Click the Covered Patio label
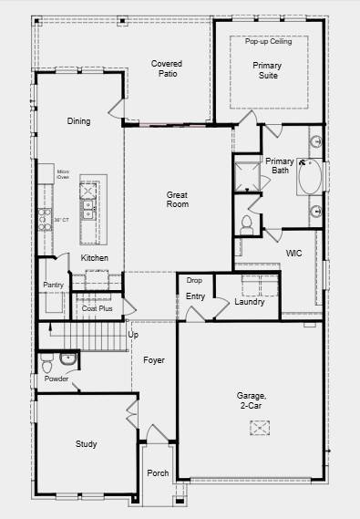tap(167, 68)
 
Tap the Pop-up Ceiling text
tap(267, 41)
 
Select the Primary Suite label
tap(267, 70)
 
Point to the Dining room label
tap(79, 121)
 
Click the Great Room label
tap(177, 200)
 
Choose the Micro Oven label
tap(64, 173)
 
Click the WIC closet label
tap(293, 253)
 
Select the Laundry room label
tap(249, 302)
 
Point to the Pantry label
tap(53, 285)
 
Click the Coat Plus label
tap(97, 308)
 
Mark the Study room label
tap(86, 444)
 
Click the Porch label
tap(158, 473)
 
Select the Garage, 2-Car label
tap(252, 400)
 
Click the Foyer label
tap(154, 360)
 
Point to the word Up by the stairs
tap(133, 335)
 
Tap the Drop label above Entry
tap(195, 280)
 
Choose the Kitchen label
tap(95, 258)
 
